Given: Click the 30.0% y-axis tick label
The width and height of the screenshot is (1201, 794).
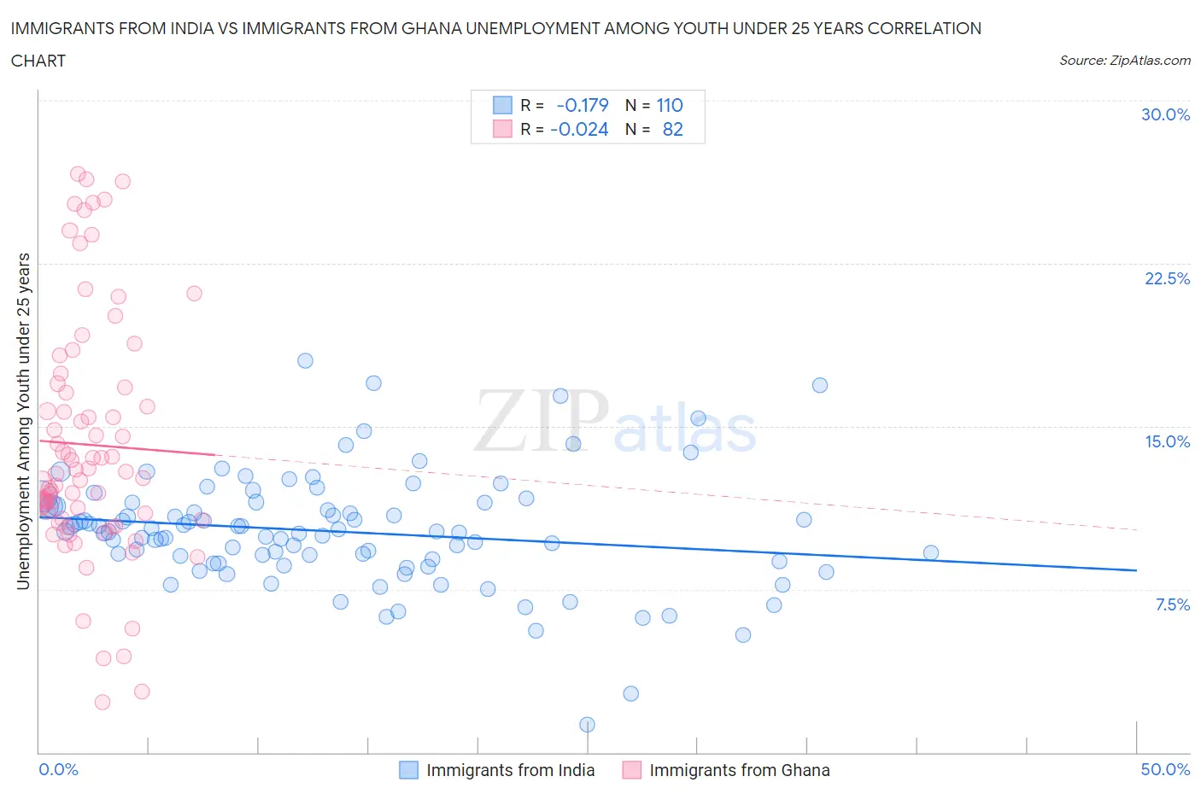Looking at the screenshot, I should (1165, 114).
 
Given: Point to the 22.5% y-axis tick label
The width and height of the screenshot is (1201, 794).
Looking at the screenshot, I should (1167, 278).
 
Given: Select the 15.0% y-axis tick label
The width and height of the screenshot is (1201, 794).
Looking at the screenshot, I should (1167, 441).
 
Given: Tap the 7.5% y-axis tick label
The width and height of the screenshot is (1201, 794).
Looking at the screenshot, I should (1172, 604).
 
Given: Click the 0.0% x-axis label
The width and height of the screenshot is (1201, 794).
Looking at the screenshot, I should (58, 769).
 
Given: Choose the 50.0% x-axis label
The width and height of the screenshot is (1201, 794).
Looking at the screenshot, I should (1165, 769).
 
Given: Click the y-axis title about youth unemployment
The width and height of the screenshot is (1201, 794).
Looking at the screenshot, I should (23, 421).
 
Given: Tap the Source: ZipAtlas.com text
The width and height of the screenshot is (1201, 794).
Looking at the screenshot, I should (1124, 61).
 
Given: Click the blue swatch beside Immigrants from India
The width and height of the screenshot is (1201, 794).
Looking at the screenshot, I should (409, 770).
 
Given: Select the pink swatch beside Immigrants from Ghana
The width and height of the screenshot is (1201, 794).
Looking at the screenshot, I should (632, 770).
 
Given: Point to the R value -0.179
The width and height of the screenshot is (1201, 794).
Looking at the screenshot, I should (582, 105).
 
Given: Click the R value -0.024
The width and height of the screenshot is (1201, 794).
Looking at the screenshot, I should (579, 129).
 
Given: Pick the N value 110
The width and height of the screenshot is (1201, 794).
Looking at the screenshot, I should (669, 105).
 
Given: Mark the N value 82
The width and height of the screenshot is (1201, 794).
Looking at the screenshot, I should (672, 129).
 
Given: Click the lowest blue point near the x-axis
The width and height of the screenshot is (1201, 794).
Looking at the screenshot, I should (587, 724).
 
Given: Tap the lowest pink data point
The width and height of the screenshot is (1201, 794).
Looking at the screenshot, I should (103, 702).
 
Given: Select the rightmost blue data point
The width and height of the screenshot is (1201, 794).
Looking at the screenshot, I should (931, 552).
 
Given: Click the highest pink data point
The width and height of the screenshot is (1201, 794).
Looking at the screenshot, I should (78, 174).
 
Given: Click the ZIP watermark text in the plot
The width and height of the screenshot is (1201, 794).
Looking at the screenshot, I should (541, 420).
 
